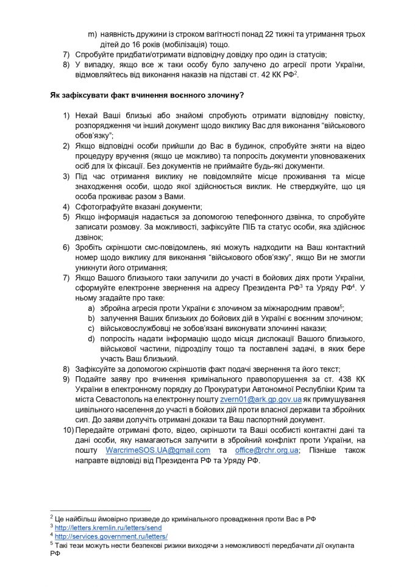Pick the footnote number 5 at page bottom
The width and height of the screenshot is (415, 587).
(x=51, y=544)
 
